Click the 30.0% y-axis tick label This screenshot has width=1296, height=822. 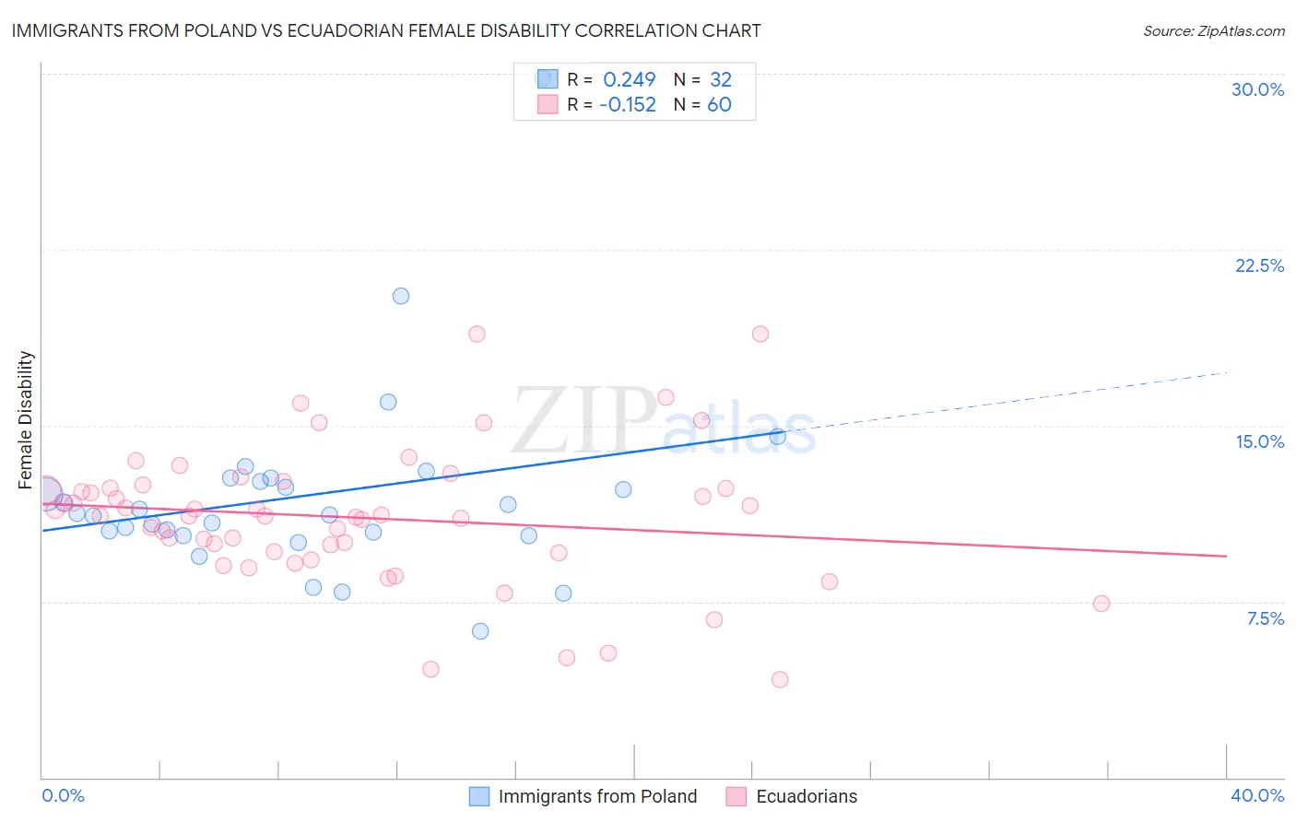pos(1257,89)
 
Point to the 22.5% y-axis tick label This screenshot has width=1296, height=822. pos(1259,265)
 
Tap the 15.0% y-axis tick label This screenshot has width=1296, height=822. pos(1259,441)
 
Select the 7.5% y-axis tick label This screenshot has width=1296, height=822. pos(1265,618)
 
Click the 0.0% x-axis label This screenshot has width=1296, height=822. pos(63,795)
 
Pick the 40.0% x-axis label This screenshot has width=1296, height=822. pos(1257,795)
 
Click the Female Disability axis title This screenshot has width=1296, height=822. pos(26,419)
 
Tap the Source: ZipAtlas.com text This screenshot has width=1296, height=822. pos(1213,31)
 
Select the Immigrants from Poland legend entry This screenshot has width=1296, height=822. pos(583,796)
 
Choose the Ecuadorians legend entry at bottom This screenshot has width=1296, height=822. pos(792,796)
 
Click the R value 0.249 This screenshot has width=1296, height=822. pos(629,79)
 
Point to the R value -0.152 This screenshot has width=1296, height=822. pos(627,105)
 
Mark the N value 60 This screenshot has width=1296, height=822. pos(719,105)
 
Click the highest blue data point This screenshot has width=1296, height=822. pos(401,296)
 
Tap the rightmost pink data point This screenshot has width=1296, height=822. pos(1101,604)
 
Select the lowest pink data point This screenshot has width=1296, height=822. pos(780,679)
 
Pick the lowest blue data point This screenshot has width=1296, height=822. pos(480,631)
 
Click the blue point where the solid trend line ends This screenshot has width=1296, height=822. pos(778,437)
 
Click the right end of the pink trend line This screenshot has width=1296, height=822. pos(1226,556)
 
